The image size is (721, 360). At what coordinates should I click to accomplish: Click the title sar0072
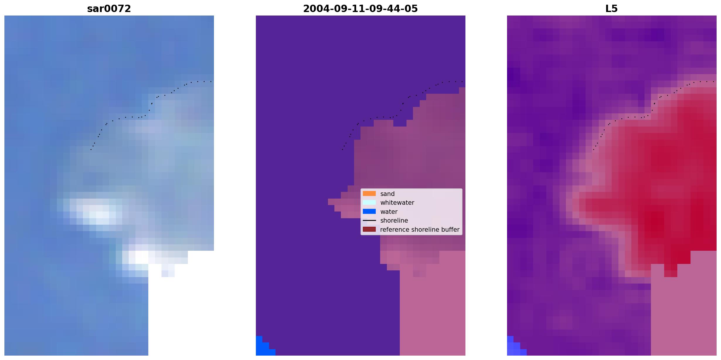109,9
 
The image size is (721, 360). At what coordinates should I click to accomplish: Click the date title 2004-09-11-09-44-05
360,9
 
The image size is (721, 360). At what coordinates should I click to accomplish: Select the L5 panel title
612,9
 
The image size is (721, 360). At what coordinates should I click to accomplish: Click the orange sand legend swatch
369,194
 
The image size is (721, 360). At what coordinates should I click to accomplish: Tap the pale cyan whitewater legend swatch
369,202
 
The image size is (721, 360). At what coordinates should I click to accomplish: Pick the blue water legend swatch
369,211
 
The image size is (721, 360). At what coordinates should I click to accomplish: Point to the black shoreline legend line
369,220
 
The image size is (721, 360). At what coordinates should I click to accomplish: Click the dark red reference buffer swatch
369,229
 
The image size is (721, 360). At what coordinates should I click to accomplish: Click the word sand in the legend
387,194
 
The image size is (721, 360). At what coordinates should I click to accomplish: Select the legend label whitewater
397,203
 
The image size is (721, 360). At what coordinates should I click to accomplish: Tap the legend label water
389,212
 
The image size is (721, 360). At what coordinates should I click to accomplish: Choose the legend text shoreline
394,221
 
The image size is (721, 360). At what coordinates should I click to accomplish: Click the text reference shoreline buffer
420,230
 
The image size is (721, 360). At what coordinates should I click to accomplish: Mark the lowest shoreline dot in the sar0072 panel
91,150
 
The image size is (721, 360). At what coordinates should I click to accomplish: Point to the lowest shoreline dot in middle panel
342,150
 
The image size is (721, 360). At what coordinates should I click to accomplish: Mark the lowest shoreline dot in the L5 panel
594,150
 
